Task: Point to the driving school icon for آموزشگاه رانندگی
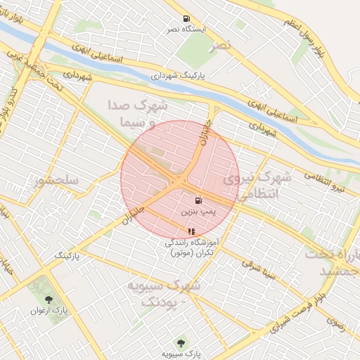[x=191, y=231]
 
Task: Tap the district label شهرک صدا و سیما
[x=137, y=113]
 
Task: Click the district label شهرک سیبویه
[x=163, y=292]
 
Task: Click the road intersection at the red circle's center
[x=180, y=180]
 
